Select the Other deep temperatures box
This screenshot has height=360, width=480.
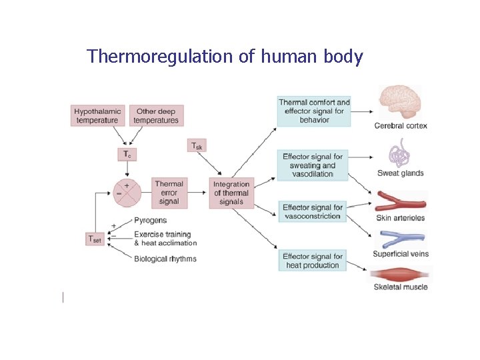tap(155, 115)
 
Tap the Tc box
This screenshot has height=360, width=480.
tap(127, 155)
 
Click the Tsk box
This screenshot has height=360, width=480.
tap(198, 145)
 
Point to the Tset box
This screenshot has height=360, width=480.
tap(95, 239)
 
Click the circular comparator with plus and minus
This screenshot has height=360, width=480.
tap(127, 191)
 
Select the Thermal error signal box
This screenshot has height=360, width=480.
tap(169, 192)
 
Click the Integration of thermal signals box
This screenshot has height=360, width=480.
tap(231, 193)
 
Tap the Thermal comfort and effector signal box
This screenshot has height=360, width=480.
tap(313, 111)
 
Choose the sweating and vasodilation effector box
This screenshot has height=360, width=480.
tap(313, 165)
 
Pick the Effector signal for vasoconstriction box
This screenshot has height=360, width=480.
tap(313, 212)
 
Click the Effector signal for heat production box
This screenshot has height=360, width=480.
tap(313, 261)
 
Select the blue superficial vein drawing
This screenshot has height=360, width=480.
tap(400, 239)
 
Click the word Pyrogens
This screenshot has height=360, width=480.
tap(150, 221)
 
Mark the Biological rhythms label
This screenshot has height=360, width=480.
tap(165, 259)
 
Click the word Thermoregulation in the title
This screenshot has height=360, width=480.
tap(160, 57)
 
